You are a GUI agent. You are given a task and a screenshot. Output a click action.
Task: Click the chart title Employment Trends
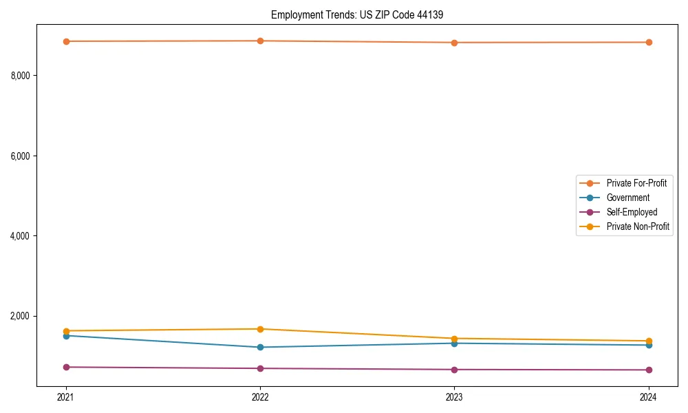coord(362,14)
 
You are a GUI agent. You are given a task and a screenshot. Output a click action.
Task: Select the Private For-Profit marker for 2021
coord(66,41)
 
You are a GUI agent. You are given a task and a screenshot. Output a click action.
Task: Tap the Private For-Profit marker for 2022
coord(260,41)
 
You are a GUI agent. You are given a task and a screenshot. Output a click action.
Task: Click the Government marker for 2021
coord(66,336)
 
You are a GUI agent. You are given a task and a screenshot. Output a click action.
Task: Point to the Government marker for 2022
coord(260,347)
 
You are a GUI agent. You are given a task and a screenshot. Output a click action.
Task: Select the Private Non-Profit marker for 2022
coord(260,329)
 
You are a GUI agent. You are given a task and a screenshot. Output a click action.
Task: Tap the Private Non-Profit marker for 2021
coord(66,331)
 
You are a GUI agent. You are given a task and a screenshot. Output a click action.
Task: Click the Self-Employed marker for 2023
coord(454,370)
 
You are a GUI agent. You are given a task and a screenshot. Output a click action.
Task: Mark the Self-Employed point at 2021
coord(66,367)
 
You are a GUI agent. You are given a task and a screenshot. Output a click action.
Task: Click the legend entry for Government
coord(627,198)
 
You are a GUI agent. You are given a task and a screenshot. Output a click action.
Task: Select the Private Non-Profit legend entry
coord(638,226)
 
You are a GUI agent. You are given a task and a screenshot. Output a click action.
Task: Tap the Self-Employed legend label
coord(632,212)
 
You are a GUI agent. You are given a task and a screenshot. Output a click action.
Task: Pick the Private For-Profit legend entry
coord(636,183)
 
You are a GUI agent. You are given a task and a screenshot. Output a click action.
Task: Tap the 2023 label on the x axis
coord(454,396)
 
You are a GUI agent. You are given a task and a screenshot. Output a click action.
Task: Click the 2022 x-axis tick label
coord(260,396)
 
